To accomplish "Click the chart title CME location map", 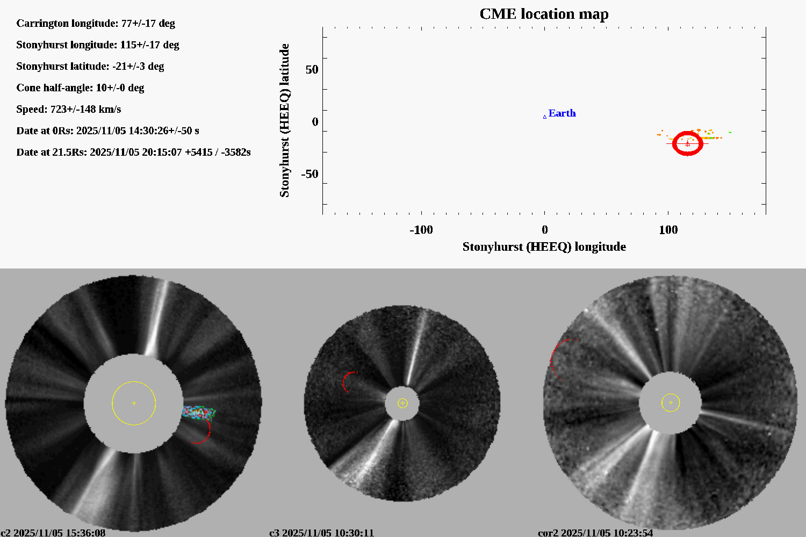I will (x=544, y=14).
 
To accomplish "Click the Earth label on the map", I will (x=562, y=113).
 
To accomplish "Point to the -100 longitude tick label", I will (x=421, y=230).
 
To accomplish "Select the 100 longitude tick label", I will (x=668, y=230).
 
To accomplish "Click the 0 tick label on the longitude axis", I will (x=544, y=230).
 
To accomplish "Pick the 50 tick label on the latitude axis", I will (x=312, y=70).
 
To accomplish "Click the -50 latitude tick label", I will (x=310, y=174).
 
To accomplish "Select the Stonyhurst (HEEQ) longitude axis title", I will (x=544, y=246).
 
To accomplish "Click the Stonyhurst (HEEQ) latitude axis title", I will (x=284, y=120).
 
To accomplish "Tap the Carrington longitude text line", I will (x=96, y=23).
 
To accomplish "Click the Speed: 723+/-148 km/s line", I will (x=69, y=109).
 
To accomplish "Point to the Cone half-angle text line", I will (x=80, y=88).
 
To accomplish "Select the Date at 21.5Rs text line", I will (x=133, y=152).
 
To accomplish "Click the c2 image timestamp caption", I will (x=53, y=533).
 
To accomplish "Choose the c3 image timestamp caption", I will (x=321, y=533).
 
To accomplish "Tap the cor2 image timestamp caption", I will (x=595, y=533).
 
